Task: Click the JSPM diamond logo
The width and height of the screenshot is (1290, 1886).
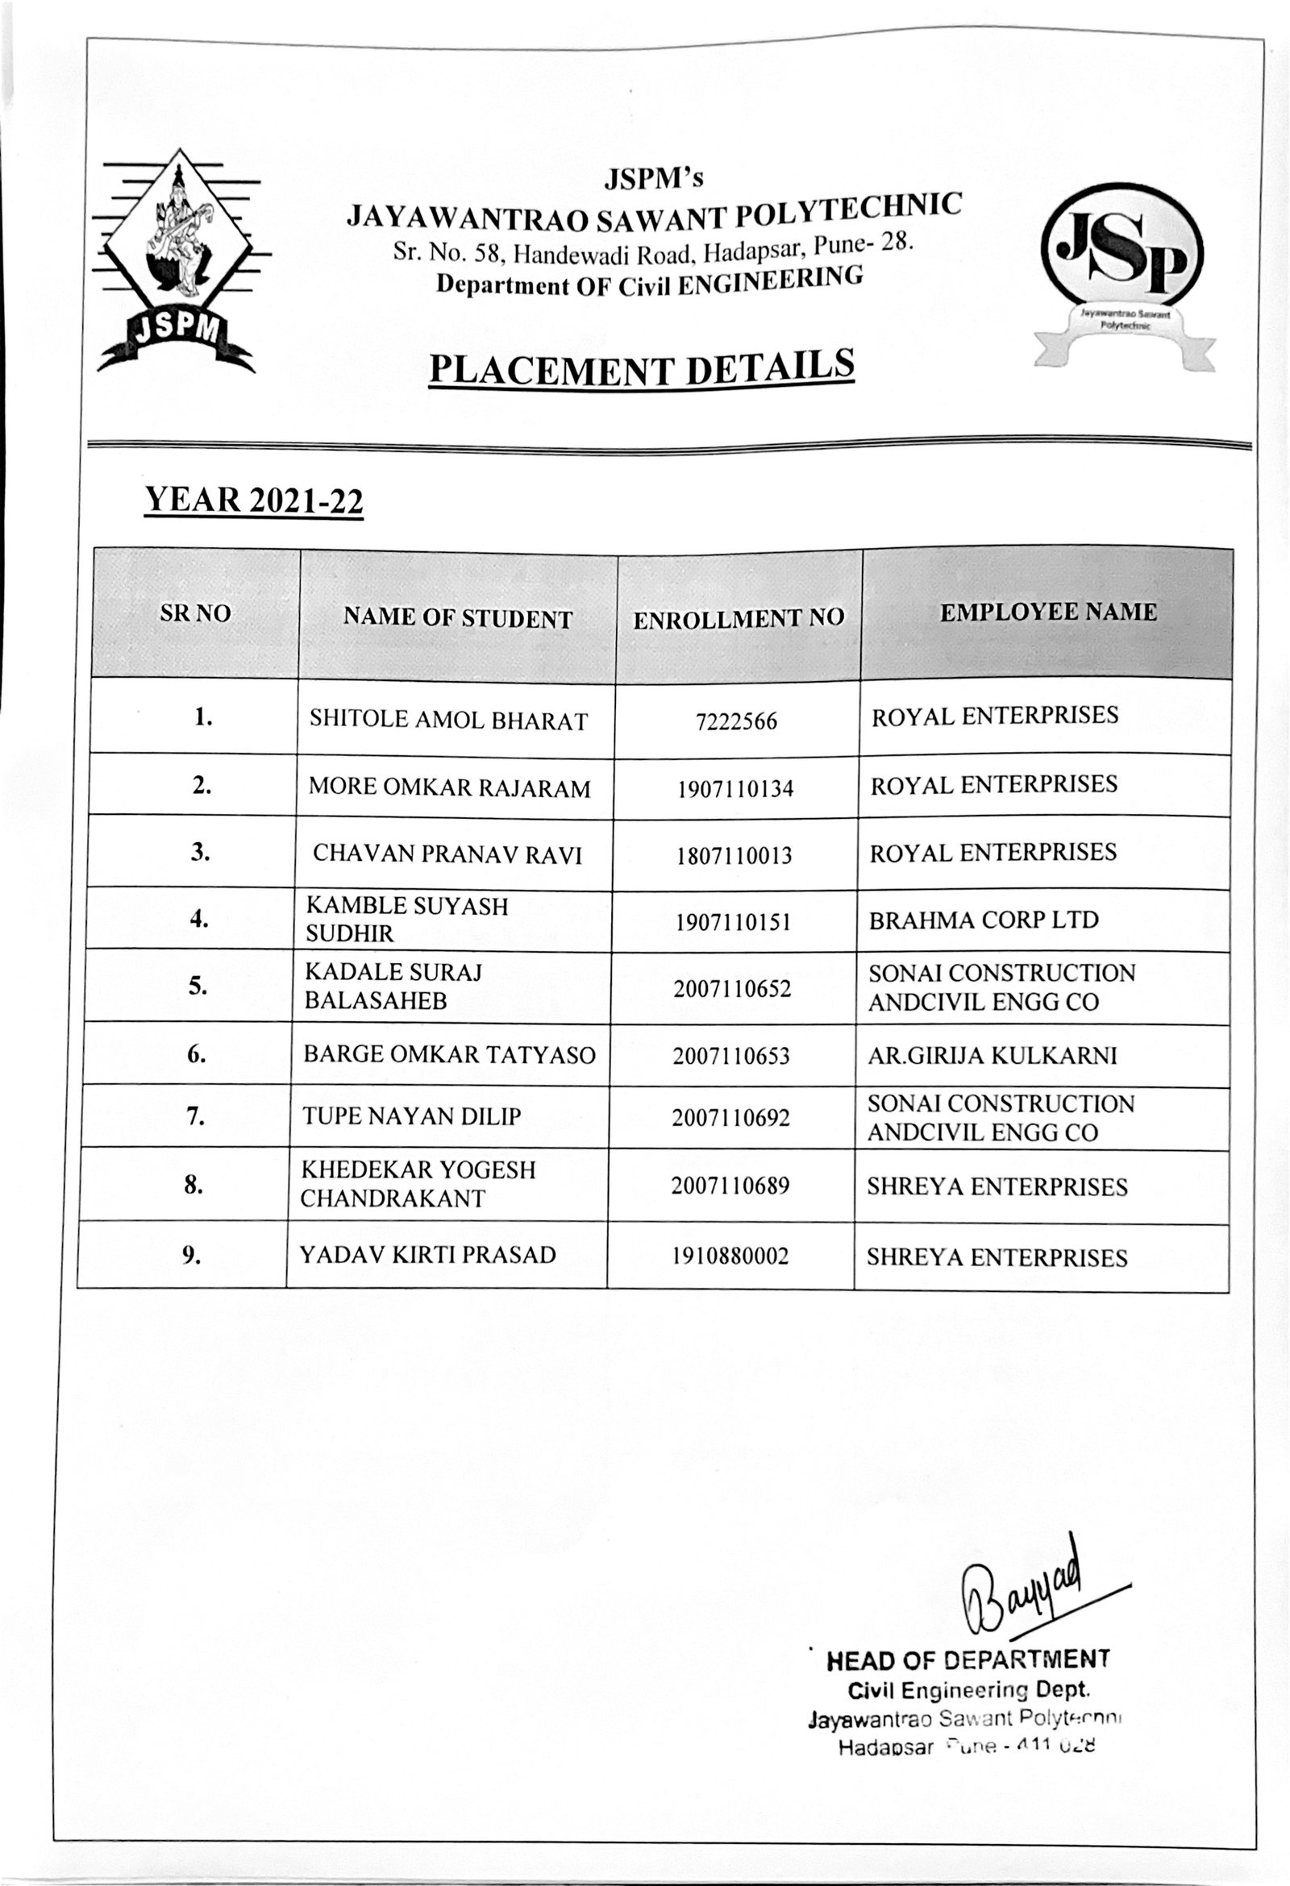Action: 179,260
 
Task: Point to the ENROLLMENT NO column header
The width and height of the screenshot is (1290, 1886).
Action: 738,618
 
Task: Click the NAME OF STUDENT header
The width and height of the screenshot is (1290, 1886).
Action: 457,618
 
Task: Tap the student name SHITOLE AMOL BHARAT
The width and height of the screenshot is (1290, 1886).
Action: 448,720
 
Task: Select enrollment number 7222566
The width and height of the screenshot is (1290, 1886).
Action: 736,721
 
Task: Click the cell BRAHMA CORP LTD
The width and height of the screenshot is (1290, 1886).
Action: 983,920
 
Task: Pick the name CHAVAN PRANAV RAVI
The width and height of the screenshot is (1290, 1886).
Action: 447,854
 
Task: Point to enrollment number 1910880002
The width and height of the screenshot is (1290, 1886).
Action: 730,1257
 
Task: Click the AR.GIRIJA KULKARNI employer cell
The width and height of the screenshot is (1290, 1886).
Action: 992,1055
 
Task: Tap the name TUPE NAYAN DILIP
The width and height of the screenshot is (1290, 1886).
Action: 412,1115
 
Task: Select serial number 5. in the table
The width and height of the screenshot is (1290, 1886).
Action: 198,986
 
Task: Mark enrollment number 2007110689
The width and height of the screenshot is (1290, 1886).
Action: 730,1186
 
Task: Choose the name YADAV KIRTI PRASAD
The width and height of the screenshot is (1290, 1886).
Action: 428,1255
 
